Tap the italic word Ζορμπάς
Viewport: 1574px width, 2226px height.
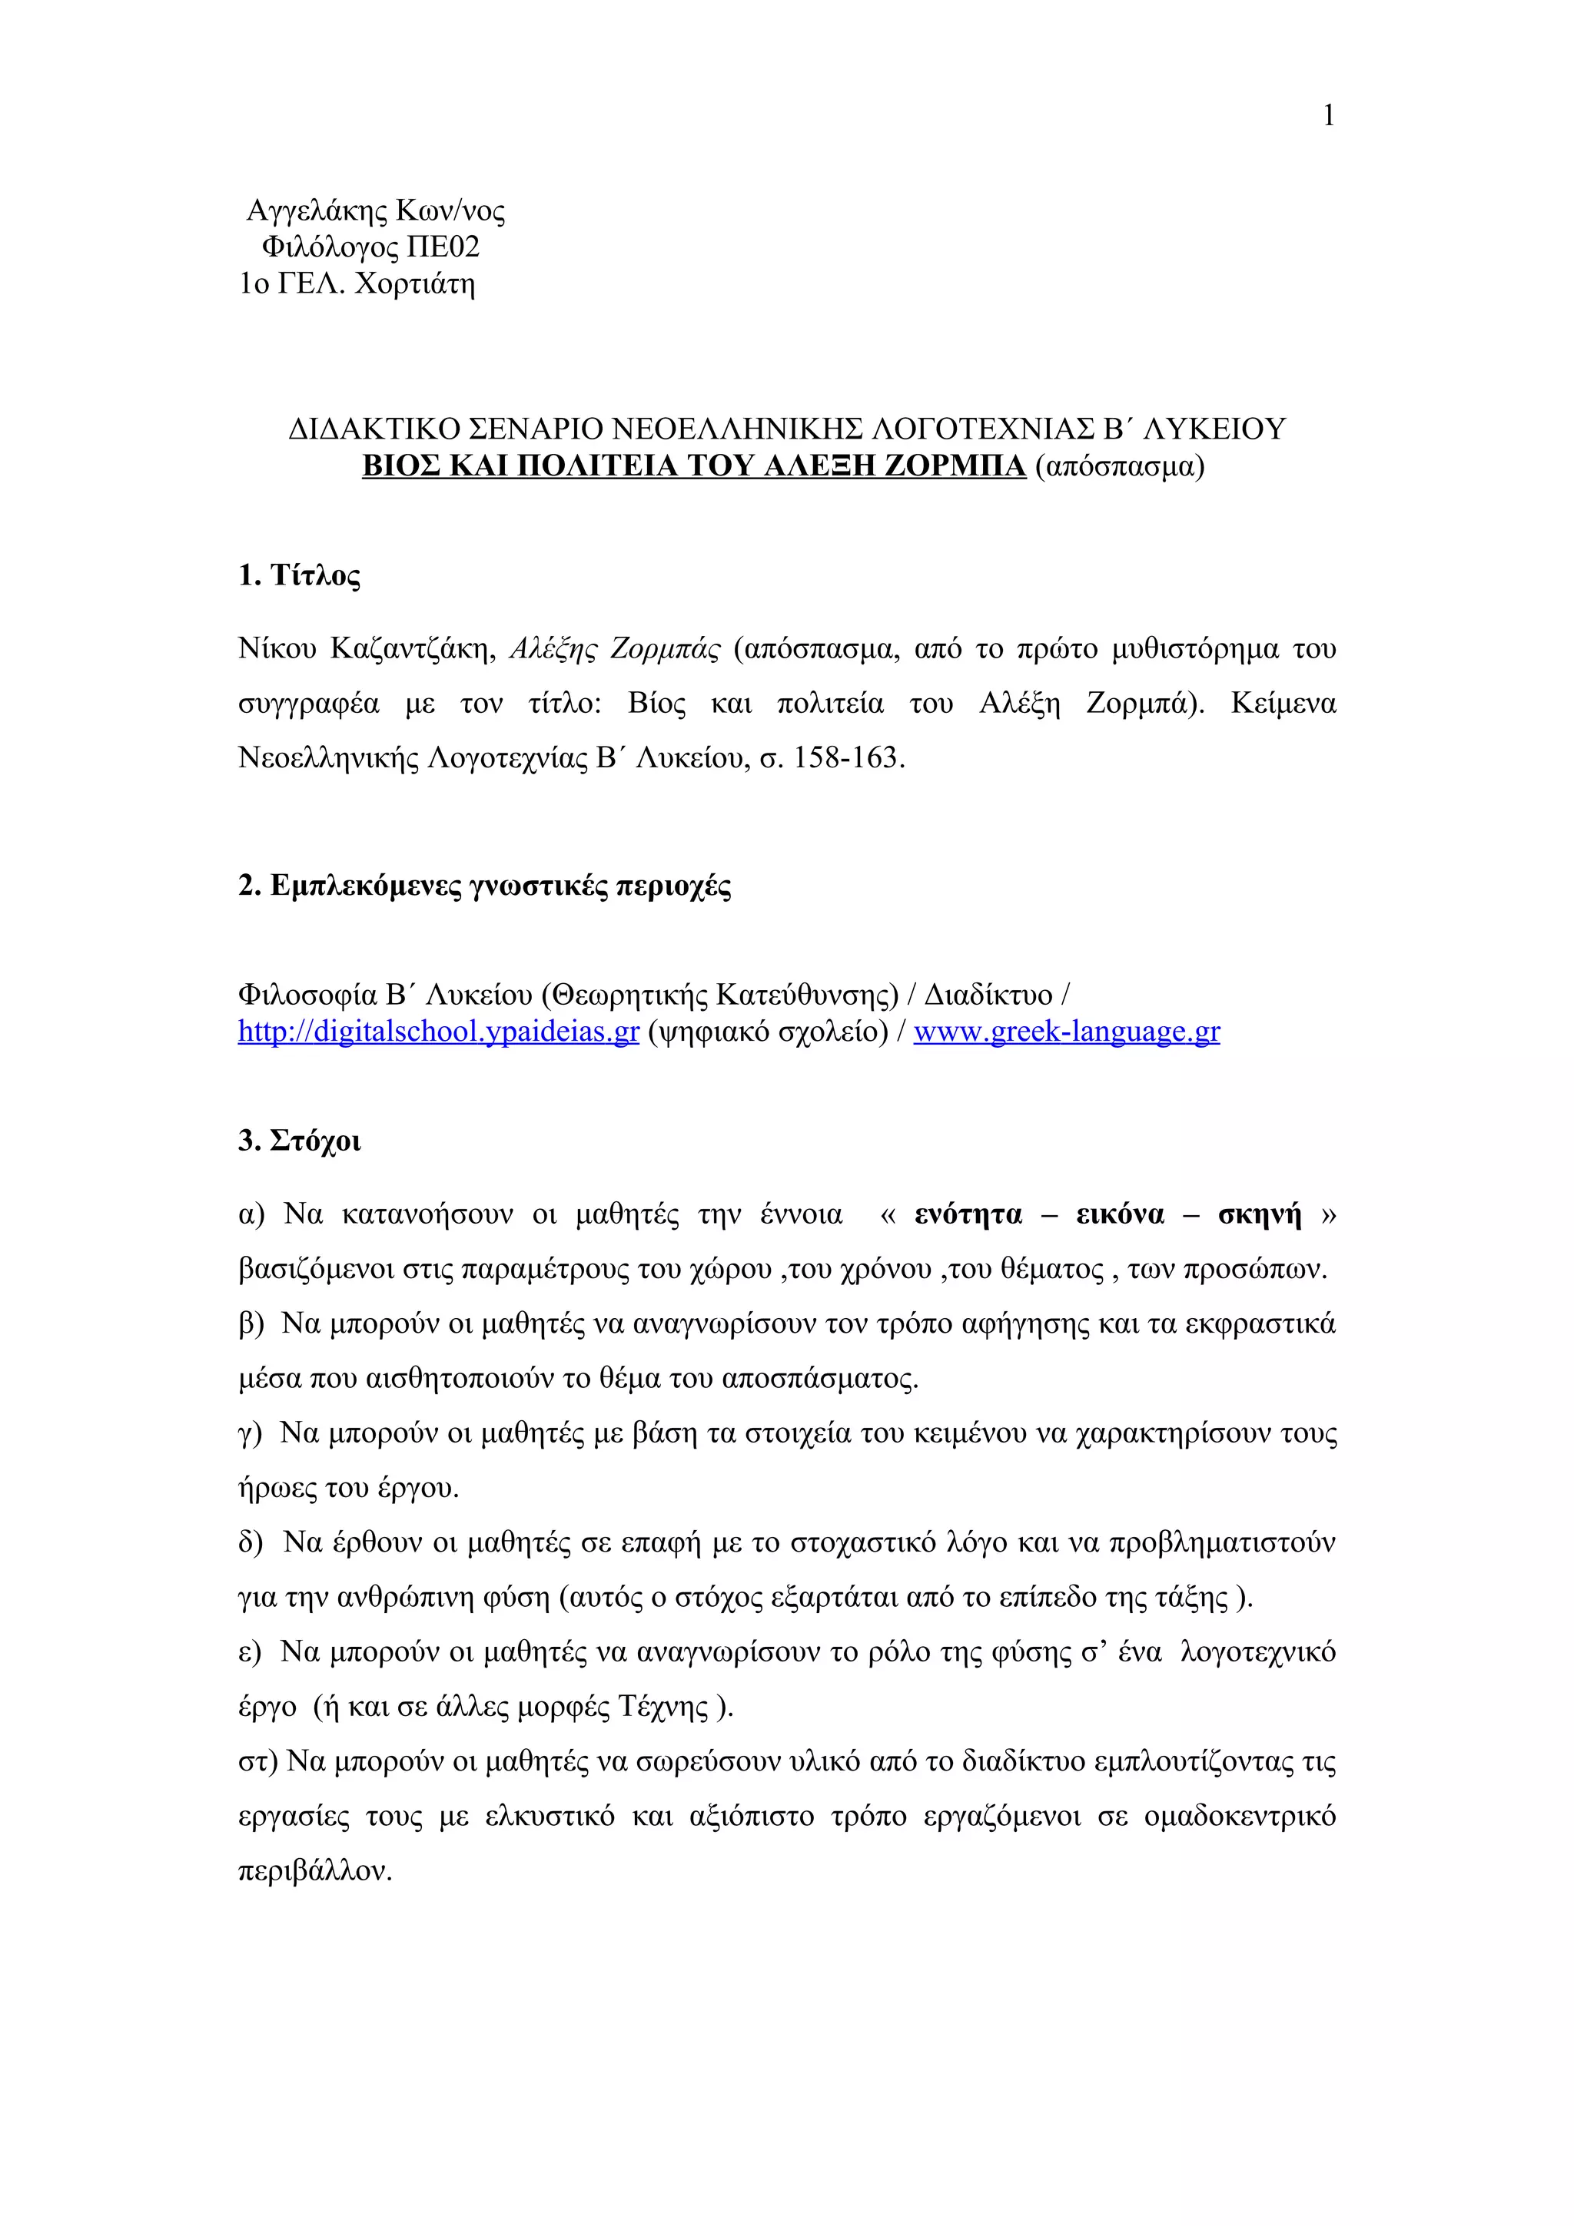tap(666, 648)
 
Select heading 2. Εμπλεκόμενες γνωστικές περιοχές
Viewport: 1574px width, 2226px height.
tap(484, 885)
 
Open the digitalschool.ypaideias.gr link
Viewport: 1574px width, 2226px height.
tap(438, 1032)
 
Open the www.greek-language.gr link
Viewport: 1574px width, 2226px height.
tap(1066, 1032)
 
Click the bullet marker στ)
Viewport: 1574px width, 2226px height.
tap(257, 1761)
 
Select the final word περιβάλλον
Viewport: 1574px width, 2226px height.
tap(314, 1871)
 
